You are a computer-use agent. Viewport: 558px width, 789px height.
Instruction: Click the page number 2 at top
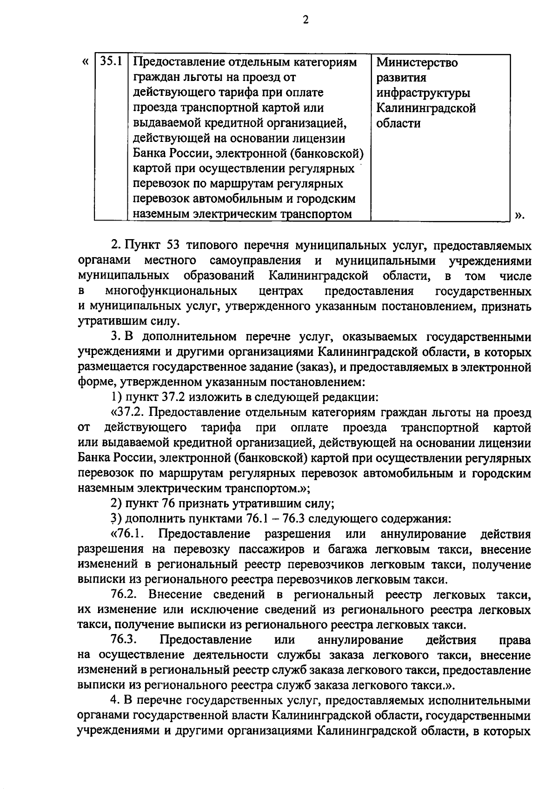click(x=306, y=20)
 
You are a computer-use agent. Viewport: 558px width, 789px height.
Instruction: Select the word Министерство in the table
click(x=417, y=62)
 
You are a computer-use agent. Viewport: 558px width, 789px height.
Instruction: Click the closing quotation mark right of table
click(x=519, y=214)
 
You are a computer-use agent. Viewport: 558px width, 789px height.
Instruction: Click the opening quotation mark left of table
click(x=85, y=61)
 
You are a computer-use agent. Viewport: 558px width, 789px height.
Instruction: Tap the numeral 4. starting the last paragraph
click(x=115, y=701)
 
